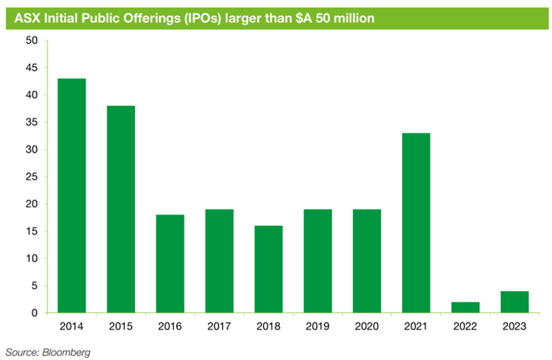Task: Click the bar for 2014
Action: [72, 195]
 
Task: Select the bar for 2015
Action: [121, 209]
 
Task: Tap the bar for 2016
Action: [170, 263]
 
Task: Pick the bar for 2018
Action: [269, 269]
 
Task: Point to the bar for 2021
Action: [416, 223]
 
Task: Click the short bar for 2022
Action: [465, 307]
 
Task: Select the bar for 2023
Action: [514, 302]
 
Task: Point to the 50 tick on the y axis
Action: [31, 40]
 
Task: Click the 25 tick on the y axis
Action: [31, 177]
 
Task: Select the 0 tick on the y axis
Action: [34, 313]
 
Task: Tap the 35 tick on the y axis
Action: [31, 122]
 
